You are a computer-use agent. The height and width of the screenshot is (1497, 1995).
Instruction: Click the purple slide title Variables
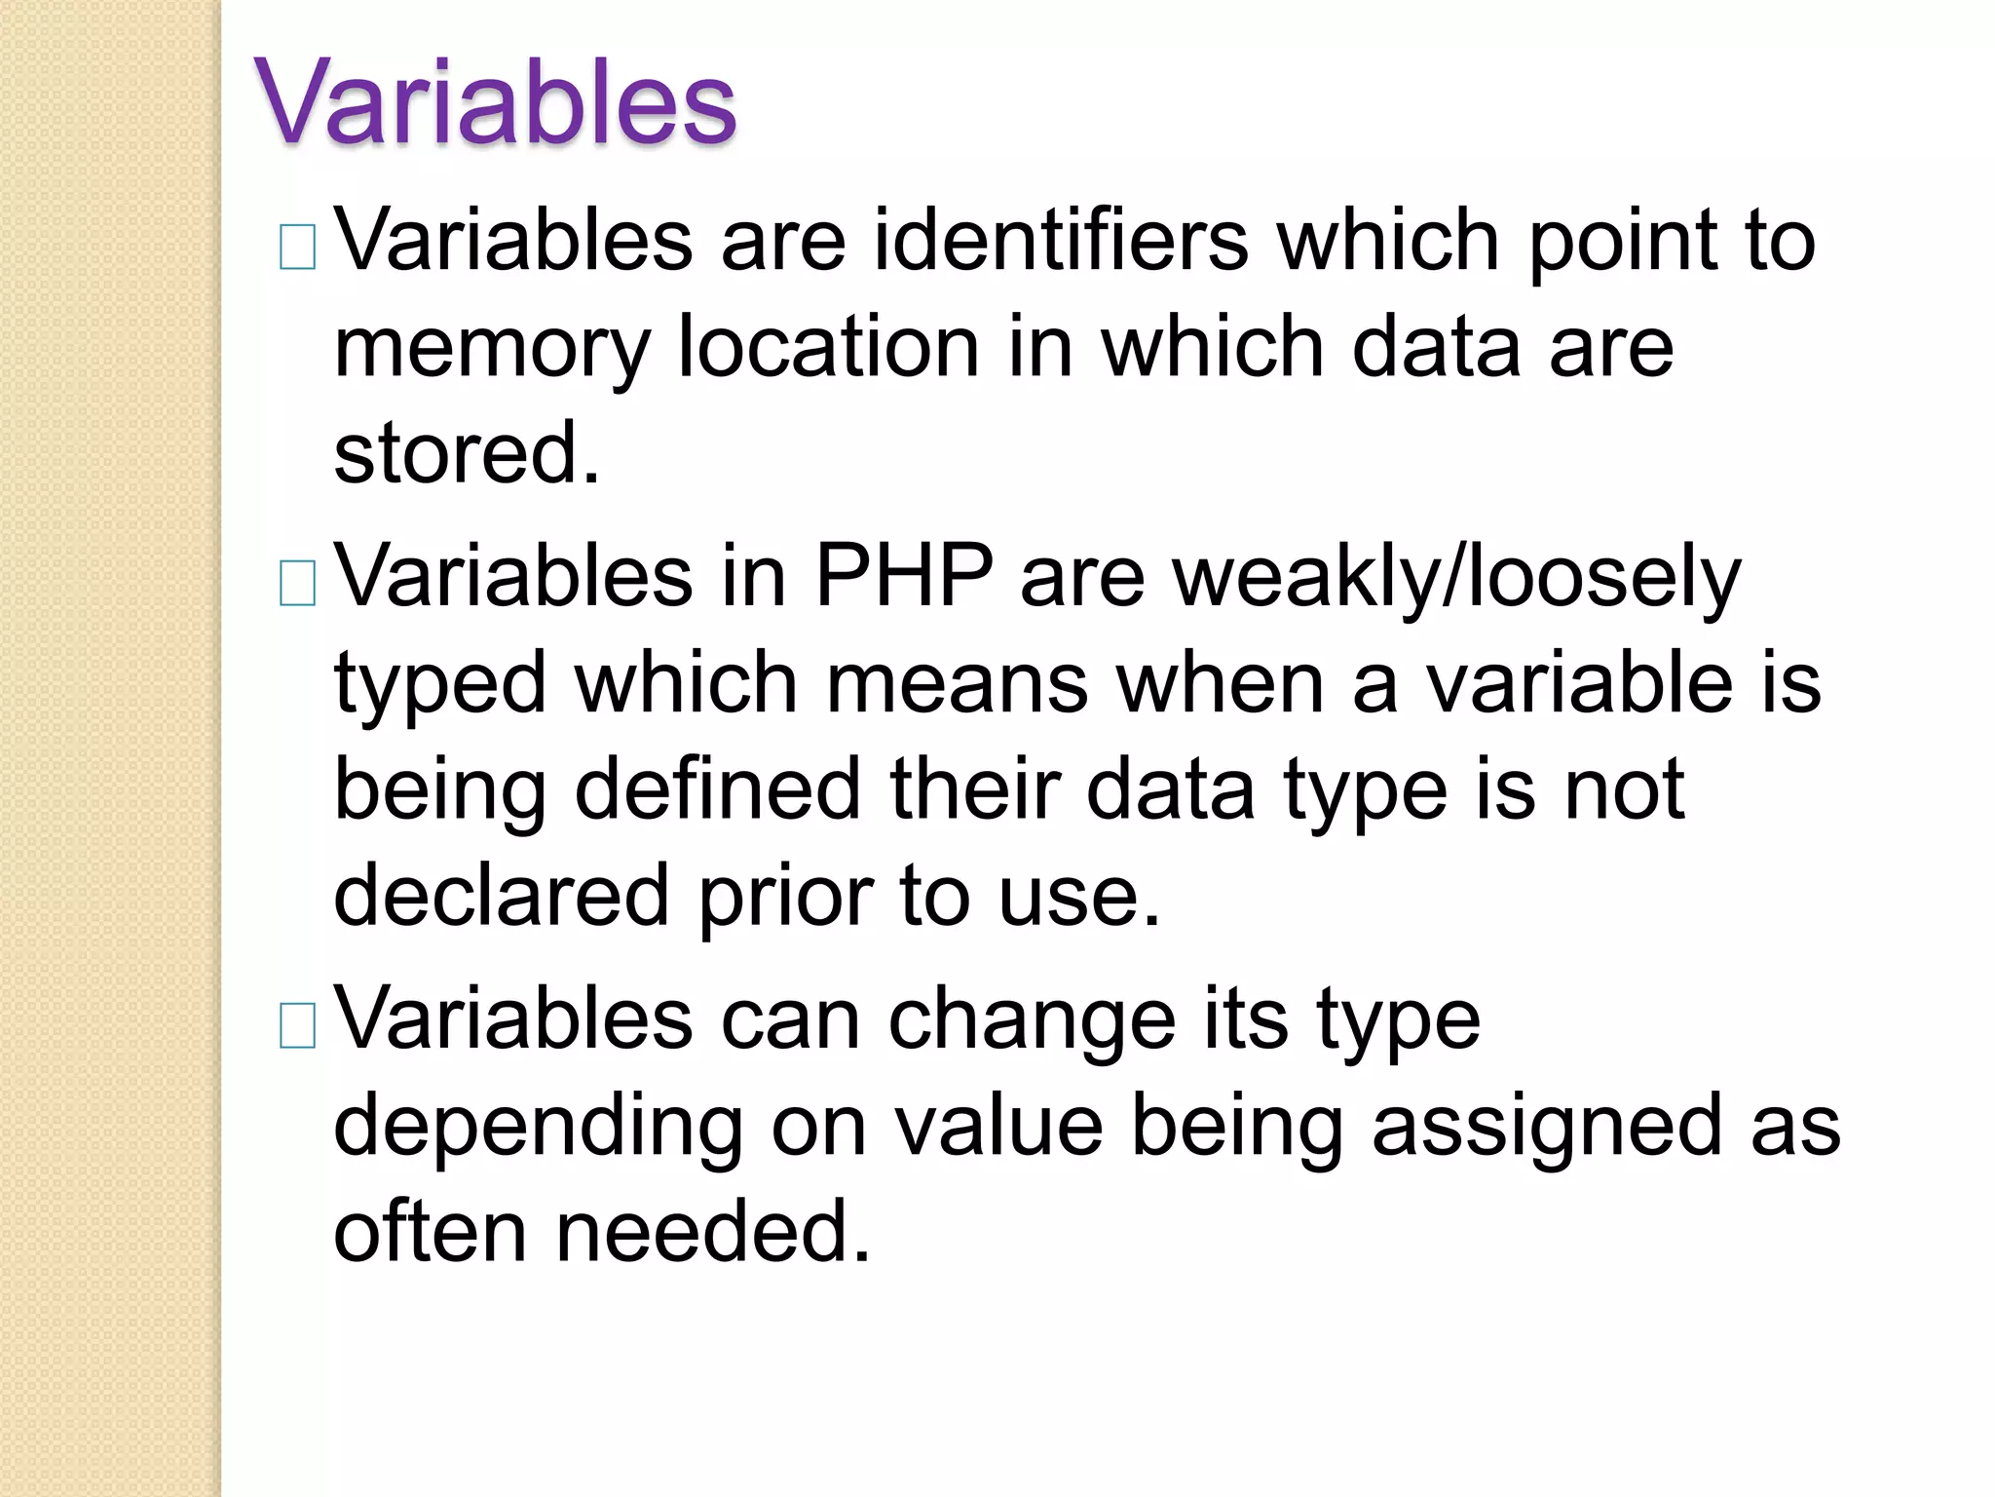(x=495, y=101)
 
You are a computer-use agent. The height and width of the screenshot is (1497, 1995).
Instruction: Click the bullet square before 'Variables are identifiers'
(x=297, y=247)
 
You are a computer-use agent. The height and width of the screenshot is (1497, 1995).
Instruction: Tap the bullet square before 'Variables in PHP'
(x=297, y=583)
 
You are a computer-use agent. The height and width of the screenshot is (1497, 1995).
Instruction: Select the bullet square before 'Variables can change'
(x=297, y=1025)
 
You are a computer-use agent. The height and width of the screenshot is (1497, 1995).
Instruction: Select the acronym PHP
(x=904, y=576)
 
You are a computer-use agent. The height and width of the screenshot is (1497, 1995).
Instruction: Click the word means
(x=957, y=684)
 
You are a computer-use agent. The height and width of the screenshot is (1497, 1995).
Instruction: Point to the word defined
(x=718, y=788)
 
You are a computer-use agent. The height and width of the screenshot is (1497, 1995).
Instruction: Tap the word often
(x=431, y=1232)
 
